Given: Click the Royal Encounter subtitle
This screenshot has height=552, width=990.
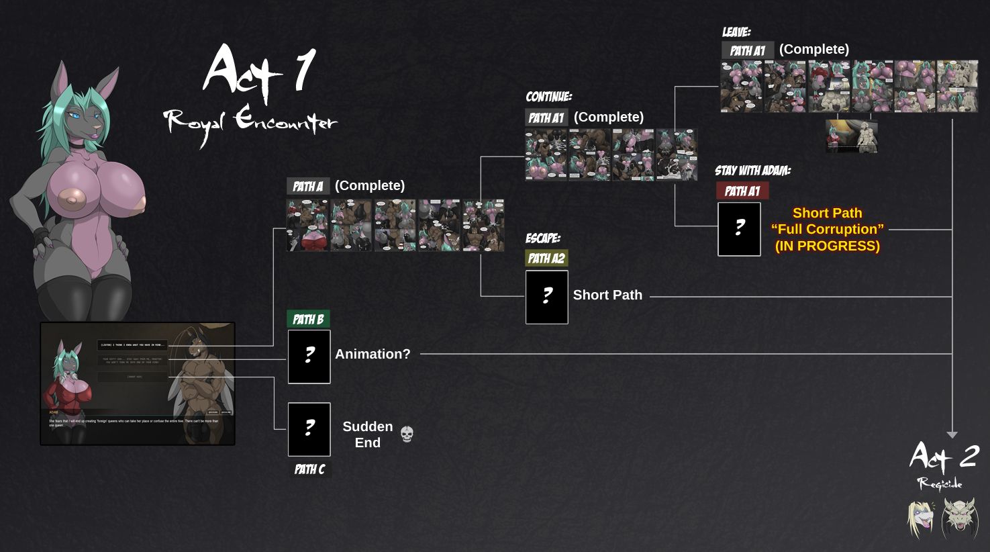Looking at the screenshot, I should (250, 124).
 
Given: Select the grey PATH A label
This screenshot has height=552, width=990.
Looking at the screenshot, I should (308, 186).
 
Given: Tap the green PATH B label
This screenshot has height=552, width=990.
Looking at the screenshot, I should (309, 319).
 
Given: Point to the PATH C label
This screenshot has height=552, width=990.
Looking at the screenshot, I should (309, 469).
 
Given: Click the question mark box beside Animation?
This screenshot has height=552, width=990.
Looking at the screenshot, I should (309, 357).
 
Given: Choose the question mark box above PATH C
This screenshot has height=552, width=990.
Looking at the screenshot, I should (309, 429).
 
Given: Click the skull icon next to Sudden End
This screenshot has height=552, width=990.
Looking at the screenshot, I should (407, 434).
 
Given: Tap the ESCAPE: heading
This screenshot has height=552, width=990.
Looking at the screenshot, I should (543, 238).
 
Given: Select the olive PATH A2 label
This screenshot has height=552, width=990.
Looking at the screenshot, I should (546, 259).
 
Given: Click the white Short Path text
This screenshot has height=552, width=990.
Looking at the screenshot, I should (607, 295).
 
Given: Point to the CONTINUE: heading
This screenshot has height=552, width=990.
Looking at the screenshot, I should (548, 97).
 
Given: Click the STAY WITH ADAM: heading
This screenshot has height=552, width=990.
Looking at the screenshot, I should (752, 171).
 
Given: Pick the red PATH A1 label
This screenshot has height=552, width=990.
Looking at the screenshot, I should (742, 191).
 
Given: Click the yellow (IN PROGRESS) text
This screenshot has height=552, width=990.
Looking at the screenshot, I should (827, 246).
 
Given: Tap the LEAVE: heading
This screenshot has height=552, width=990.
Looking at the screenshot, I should (736, 32).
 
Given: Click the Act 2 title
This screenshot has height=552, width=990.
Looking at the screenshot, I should (944, 457).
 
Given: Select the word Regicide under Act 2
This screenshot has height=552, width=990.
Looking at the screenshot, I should (940, 484).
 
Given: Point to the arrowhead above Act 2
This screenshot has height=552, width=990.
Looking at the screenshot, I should (952, 435).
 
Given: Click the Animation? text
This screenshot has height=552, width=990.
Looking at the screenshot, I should (373, 354).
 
